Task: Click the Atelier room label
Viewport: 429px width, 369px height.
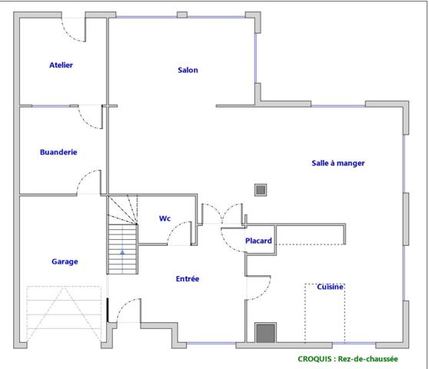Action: click(x=61, y=65)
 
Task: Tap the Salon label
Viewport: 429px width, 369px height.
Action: click(x=188, y=70)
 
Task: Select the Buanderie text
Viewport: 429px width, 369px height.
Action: click(x=58, y=152)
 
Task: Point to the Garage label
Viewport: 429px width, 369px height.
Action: click(x=65, y=261)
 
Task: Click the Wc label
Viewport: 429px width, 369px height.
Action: click(x=165, y=218)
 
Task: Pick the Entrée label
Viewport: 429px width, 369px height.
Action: click(x=188, y=278)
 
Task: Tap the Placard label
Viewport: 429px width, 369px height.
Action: click(x=258, y=241)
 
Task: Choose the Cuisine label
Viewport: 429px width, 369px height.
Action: click(x=331, y=287)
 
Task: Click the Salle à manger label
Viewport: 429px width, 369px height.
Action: click(x=338, y=163)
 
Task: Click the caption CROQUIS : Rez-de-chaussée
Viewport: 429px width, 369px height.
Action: click(x=348, y=358)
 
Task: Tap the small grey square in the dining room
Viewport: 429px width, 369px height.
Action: click(x=261, y=188)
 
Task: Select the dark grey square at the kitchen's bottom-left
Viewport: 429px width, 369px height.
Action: click(x=265, y=333)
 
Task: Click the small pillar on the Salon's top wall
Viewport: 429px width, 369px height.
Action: click(x=182, y=15)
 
